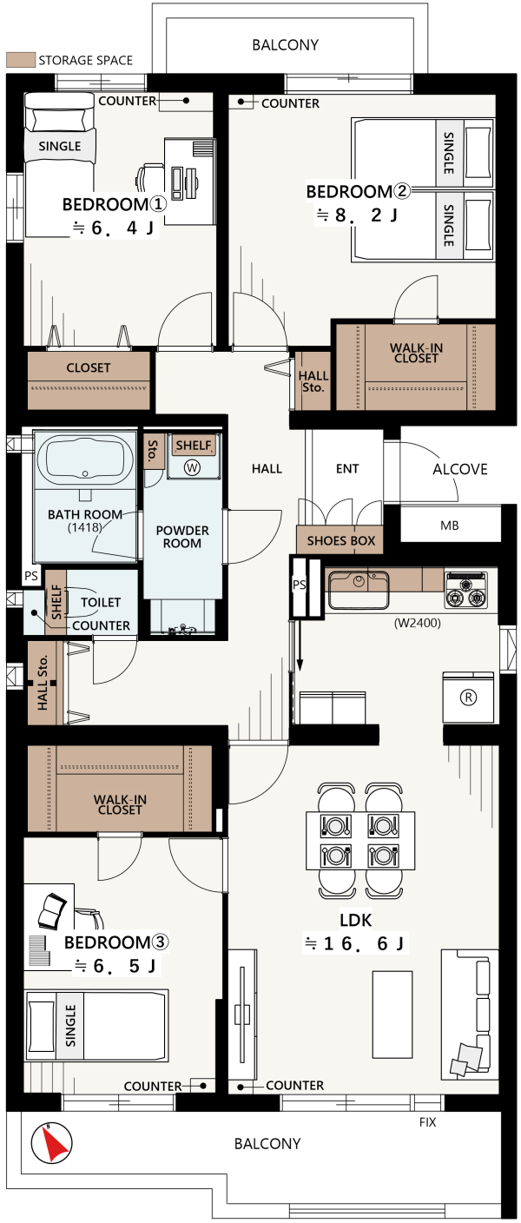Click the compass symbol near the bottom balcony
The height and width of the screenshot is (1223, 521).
pyautogui.click(x=50, y=1143)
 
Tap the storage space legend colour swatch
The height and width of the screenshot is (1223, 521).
pyautogui.click(x=21, y=60)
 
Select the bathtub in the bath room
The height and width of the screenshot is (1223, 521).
pyautogui.click(x=85, y=459)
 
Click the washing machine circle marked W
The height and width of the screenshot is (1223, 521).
pyautogui.click(x=192, y=467)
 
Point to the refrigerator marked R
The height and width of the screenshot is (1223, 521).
pyautogui.click(x=468, y=697)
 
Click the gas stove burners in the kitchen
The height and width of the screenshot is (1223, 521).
pyautogui.click(x=466, y=590)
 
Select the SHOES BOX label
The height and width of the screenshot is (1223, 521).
pyautogui.click(x=341, y=540)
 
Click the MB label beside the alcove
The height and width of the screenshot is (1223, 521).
pyautogui.click(x=450, y=526)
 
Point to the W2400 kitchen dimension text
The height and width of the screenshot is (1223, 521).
pyautogui.click(x=418, y=623)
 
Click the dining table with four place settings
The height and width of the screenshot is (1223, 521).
pyautogui.click(x=360, y=840)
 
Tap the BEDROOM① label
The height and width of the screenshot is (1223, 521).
pyautogui.click(x=114, y=204)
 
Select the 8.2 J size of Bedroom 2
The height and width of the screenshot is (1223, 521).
pyautogui.click(x=358, y=215)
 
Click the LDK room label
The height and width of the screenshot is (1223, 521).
pyautogui.click(x=356, y=920)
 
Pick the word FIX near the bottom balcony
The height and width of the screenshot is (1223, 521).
pyautogui.click(x=428, y=1122)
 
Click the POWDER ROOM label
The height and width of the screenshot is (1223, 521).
pyautogui.click(x=182, y=537)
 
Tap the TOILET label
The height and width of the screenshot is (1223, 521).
pyautogui.click(x=101, y=602)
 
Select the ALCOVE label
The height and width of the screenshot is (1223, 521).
pyautogui.click(x=460, y=469)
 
